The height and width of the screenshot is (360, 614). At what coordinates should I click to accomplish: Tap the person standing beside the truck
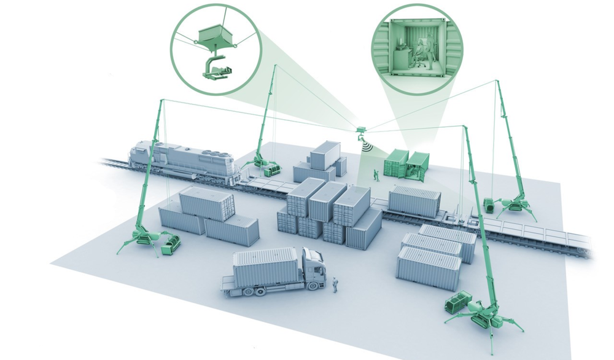(x=335, y=284)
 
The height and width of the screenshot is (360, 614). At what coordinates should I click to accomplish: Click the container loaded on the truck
(x=265, y=265)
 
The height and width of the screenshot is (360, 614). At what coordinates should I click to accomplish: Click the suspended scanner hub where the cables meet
(x=361, y=130)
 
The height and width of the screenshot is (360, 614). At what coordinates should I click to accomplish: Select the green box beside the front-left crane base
(x=170, y=244)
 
